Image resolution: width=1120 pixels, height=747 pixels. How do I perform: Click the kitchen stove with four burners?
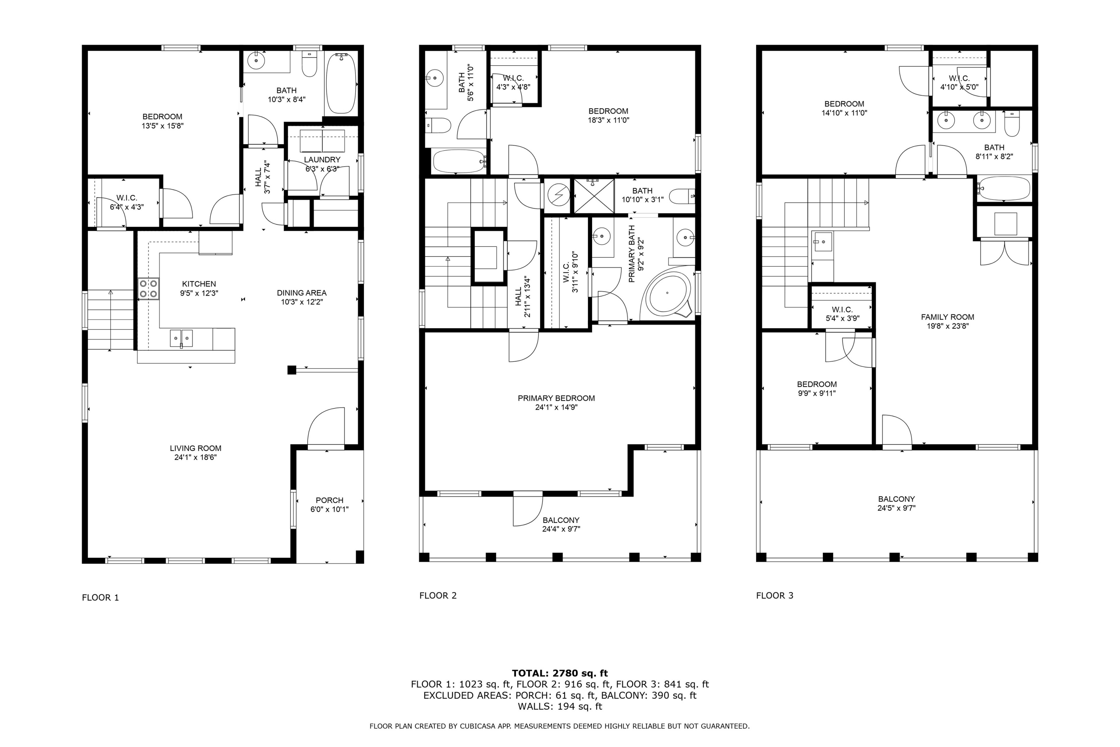149,289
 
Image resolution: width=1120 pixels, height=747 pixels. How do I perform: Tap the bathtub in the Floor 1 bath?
341,83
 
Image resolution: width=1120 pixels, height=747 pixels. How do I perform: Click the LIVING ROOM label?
196,448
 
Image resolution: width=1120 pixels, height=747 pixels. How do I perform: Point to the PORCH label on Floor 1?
330,500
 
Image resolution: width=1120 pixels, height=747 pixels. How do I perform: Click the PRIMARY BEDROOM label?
556,398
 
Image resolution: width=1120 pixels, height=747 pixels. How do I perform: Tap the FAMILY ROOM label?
947,317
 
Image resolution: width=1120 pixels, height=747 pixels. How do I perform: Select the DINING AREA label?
302,293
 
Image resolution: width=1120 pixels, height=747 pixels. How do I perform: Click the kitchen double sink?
181,339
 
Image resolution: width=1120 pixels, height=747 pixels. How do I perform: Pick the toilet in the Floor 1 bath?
309,65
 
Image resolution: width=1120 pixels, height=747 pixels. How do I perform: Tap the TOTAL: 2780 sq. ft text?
560,673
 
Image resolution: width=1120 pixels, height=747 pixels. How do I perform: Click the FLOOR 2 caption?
438,595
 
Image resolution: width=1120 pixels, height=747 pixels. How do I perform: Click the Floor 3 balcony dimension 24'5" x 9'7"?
897,508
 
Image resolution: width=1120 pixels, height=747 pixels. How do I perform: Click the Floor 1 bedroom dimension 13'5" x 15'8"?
162,126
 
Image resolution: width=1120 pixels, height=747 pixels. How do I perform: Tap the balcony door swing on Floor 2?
528,510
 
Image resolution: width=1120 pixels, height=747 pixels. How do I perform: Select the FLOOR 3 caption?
775,595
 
